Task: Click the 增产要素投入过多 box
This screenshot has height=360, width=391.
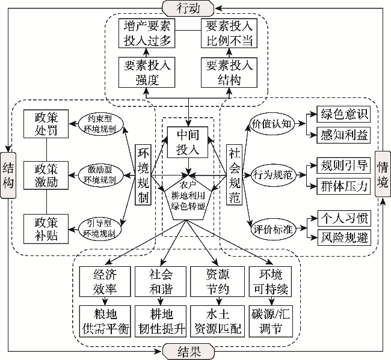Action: point(147,34)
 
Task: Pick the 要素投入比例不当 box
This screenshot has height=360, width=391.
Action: point(227,34)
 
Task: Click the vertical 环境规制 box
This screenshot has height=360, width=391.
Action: point(143,175)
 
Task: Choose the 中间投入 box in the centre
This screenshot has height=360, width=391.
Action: point(188,142)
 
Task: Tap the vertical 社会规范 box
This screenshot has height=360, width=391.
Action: point(235,175)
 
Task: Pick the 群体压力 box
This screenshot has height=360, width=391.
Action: point(343,186)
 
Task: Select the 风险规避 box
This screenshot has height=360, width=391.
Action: point(343,237)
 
